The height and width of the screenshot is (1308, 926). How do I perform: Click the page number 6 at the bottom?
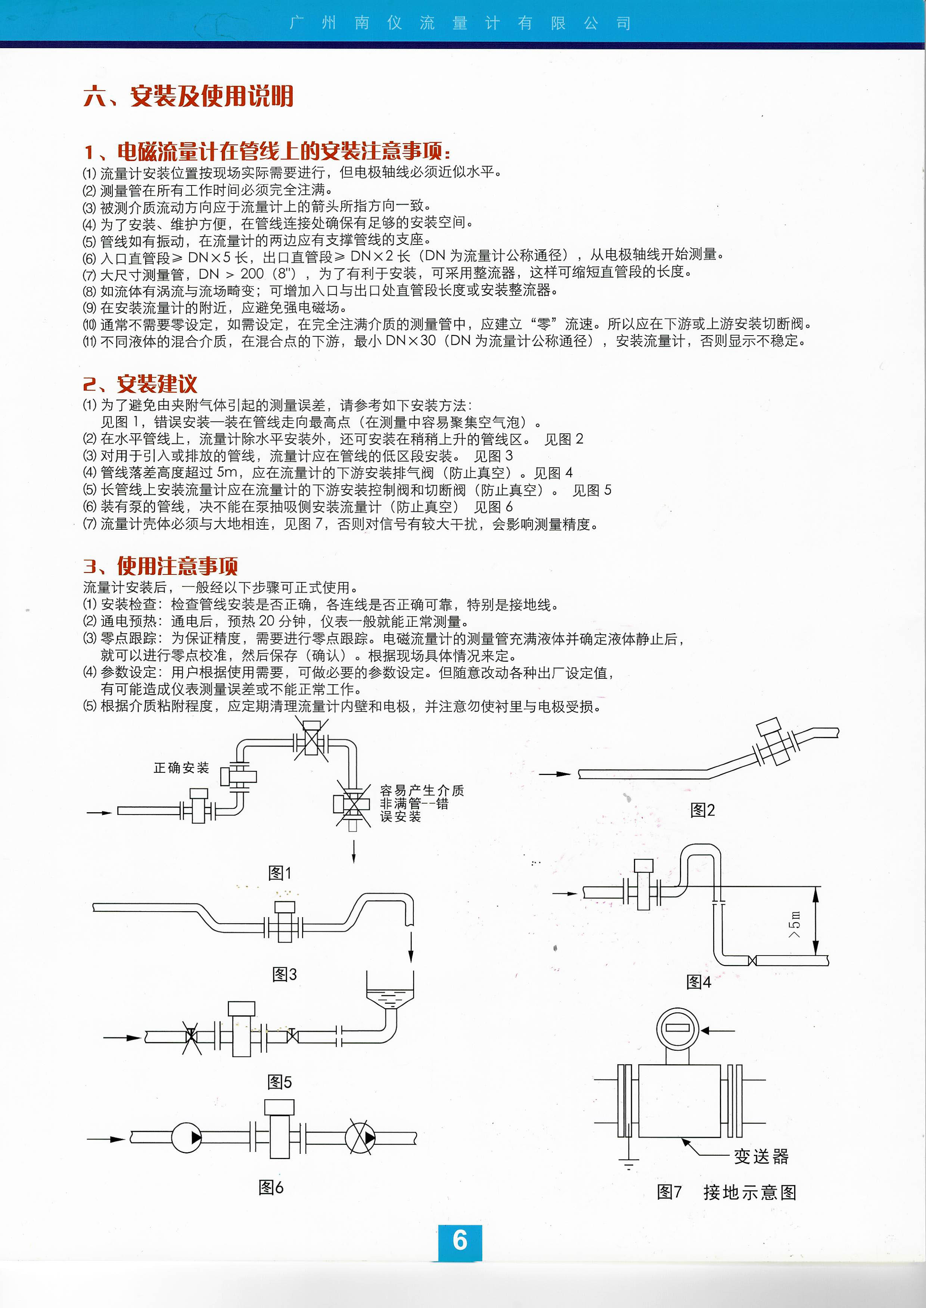pyautogui.click(x=460, y=1241)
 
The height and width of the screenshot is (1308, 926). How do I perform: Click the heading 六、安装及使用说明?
pyautogui.click(x=188, y=96)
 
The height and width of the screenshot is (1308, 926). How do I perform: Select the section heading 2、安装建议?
pyautogui.click(x=140, y=384)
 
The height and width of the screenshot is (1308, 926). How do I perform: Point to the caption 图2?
pyautogui.click(x=702, y=810)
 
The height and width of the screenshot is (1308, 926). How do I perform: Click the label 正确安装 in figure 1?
pyautogui.click(x=181, y=768)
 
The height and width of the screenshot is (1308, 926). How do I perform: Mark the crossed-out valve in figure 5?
pyautogui.click(x=190, y=1037)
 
